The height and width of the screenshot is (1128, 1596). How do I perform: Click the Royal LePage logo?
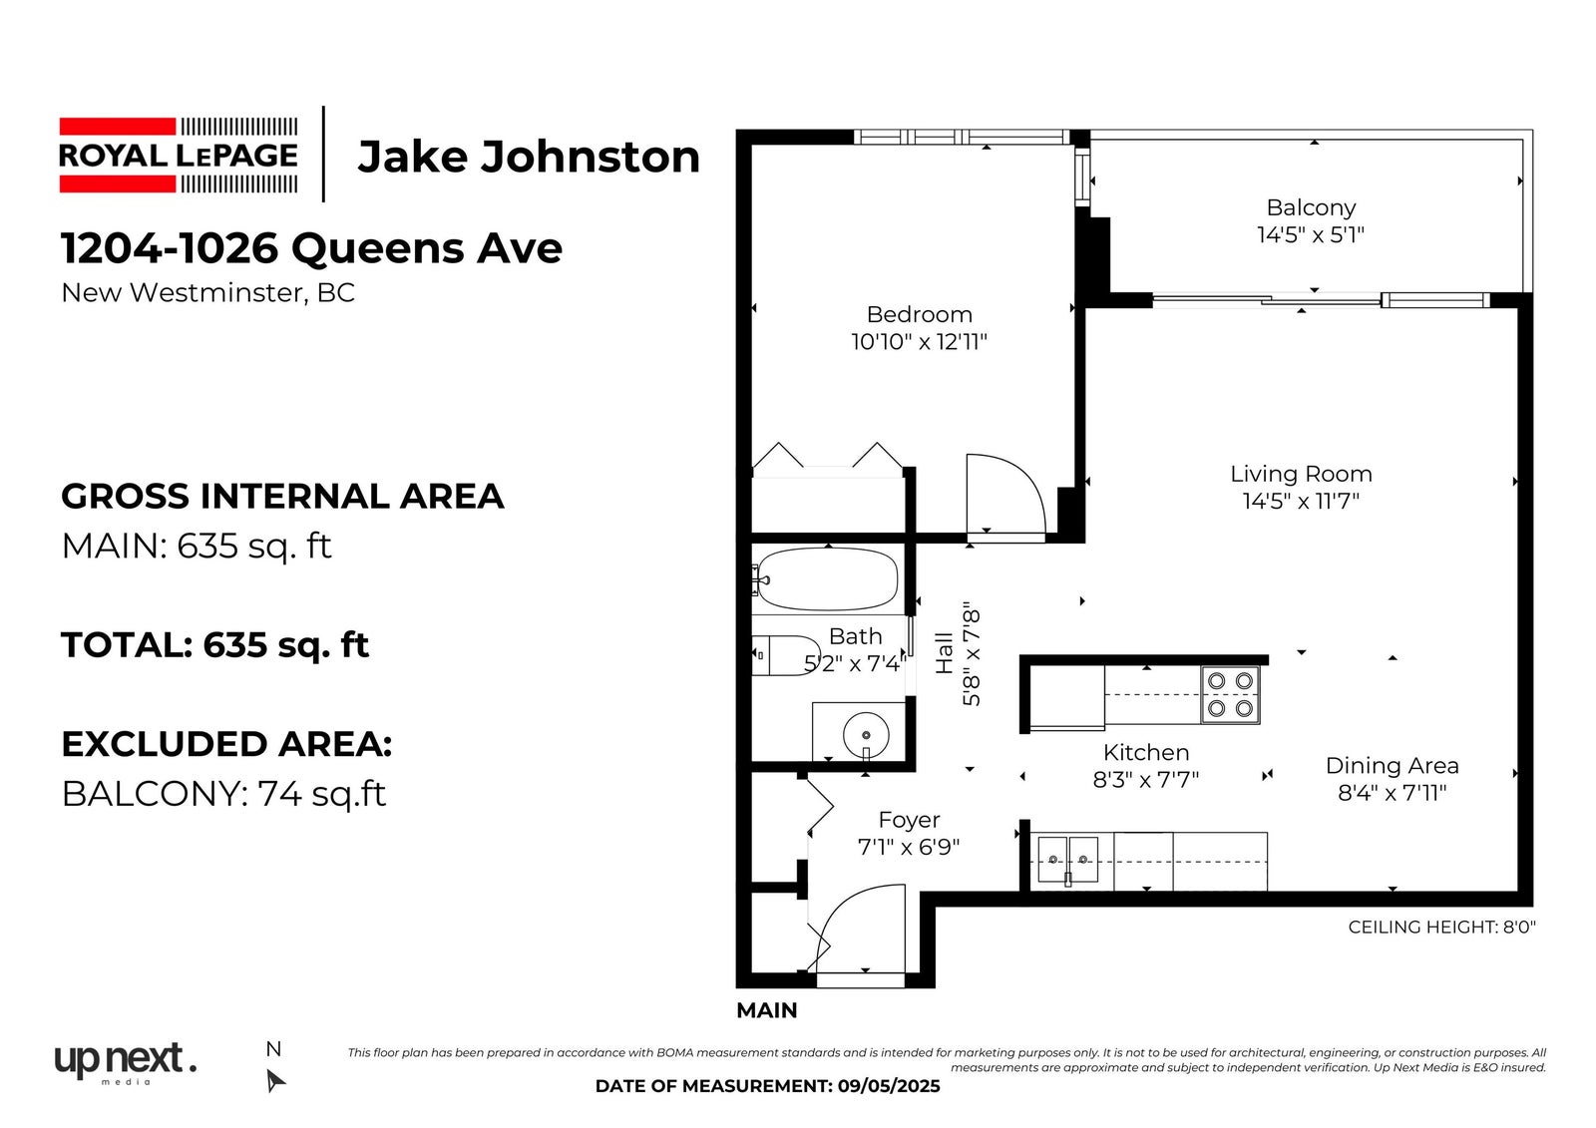coord(179,156)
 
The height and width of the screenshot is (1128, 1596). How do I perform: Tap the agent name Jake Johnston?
coord(529,157)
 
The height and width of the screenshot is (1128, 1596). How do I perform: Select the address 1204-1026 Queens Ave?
coord(311,248)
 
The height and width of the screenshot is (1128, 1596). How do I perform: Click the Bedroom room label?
coord(919,314)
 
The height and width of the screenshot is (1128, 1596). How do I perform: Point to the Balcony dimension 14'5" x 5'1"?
coord(1311,234)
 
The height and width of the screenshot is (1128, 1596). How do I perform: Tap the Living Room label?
coord(1301,474)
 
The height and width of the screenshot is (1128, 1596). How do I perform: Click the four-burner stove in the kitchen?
coord(1231,695)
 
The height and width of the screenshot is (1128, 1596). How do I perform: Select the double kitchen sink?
coord(1068,860)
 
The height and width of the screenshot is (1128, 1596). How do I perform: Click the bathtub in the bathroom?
coord(827,579)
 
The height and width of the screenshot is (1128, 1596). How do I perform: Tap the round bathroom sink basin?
coord(866,734)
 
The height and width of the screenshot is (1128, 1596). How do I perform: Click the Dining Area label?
coord(1392,766)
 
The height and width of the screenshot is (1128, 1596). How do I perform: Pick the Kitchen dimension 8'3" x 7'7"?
coord(1146,780)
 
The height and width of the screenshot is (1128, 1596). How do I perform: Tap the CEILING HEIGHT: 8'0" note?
coord(1441,928)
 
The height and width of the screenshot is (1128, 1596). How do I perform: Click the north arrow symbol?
coord(275,1079)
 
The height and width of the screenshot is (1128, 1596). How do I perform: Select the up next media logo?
coord(126,1063)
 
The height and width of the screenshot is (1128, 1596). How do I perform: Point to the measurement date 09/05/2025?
coord(889,1086)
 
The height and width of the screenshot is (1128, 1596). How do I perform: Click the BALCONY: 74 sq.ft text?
coord(223,794)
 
